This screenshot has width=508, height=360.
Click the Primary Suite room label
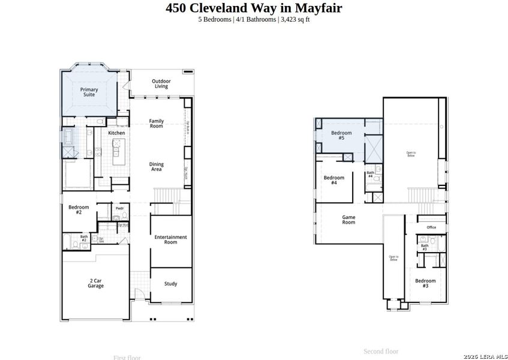(x=89, y=92)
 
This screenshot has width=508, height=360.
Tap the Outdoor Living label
(x=161, y=83)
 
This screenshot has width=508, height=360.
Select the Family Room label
(x=156, y=124)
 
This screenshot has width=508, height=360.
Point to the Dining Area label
(x=156, y=167)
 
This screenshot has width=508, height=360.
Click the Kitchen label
(x=116, y=133)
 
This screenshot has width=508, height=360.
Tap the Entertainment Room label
(x=170, y=239)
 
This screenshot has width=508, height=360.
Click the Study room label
(x=170, y=284)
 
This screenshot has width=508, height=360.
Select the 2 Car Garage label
(x=95, y=283)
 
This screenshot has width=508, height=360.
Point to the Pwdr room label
(x=119, y=209)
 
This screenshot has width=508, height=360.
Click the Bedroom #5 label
(x=341, y=135)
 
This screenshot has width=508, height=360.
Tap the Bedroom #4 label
(x=334, y=180)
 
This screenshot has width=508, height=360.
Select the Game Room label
(x=348, y=220)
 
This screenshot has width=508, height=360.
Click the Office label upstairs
(x=431, y=227)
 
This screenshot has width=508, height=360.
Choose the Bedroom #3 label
(x=425, y=283)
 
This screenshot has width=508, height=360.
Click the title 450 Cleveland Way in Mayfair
(x=254, y=8)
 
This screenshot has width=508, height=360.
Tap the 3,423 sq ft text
(x=295, y=19)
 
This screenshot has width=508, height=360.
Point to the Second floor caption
(x=381, y=351)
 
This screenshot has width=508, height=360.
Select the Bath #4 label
(x=370, y=175)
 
